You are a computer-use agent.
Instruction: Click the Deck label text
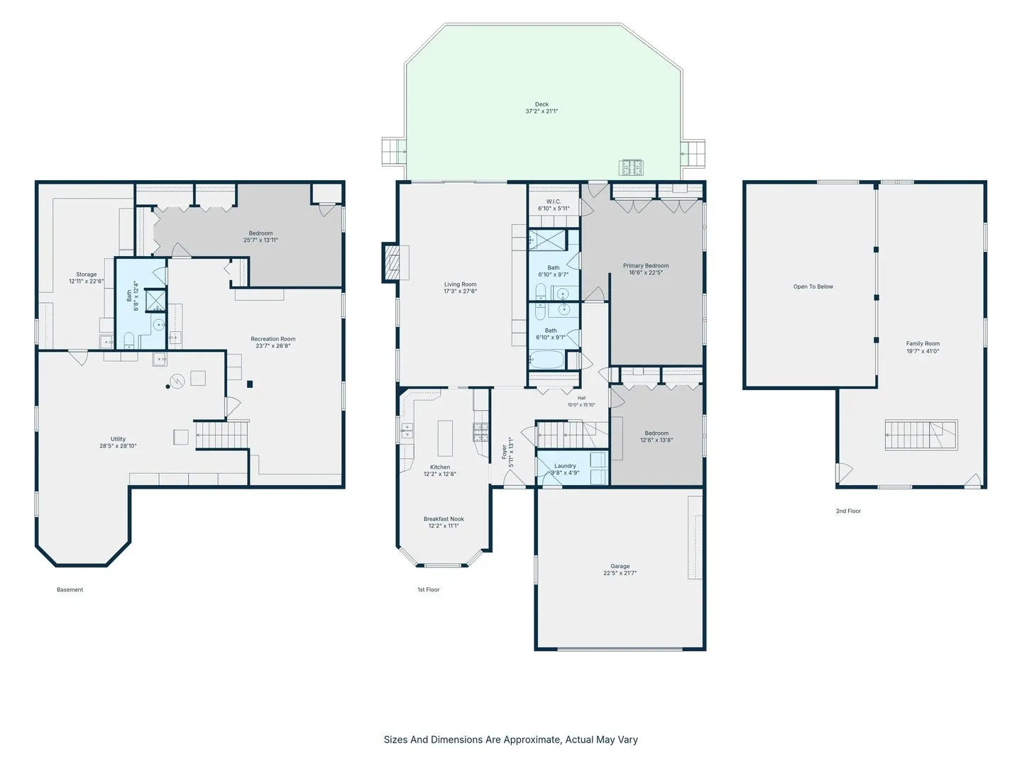(542, 104)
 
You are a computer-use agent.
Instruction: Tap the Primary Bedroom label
(646, 265)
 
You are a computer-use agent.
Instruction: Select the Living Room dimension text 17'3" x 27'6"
(460, 291)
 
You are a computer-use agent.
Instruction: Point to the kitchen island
(445, 438)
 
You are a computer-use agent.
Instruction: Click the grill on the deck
(632, 167)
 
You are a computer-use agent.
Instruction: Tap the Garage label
(620, 566)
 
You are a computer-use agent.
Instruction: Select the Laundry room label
(565, 465)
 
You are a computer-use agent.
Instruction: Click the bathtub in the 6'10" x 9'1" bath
(546, 360)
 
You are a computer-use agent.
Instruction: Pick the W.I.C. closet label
(554, 201)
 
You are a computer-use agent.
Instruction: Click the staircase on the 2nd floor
(921, 435)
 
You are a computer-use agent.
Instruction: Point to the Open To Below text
(813, 287)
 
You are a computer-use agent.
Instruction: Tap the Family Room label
(923, 344)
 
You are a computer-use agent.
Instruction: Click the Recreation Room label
(273, 339)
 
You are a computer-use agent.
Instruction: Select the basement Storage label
(86, 274)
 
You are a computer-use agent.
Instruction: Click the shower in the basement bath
(155, 300)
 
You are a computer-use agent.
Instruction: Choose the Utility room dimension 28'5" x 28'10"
(118, 445)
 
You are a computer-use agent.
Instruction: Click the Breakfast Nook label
(444, 519)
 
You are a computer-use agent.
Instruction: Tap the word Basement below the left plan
(70, 589)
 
